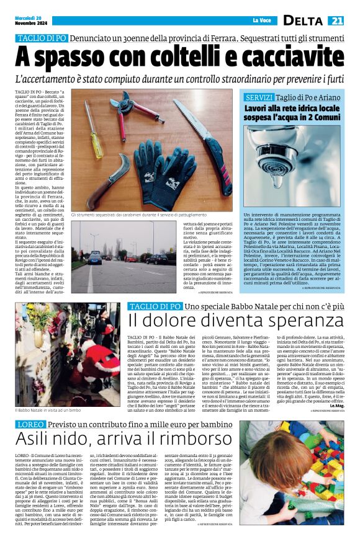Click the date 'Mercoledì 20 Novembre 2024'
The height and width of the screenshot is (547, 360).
coord(29,20)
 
